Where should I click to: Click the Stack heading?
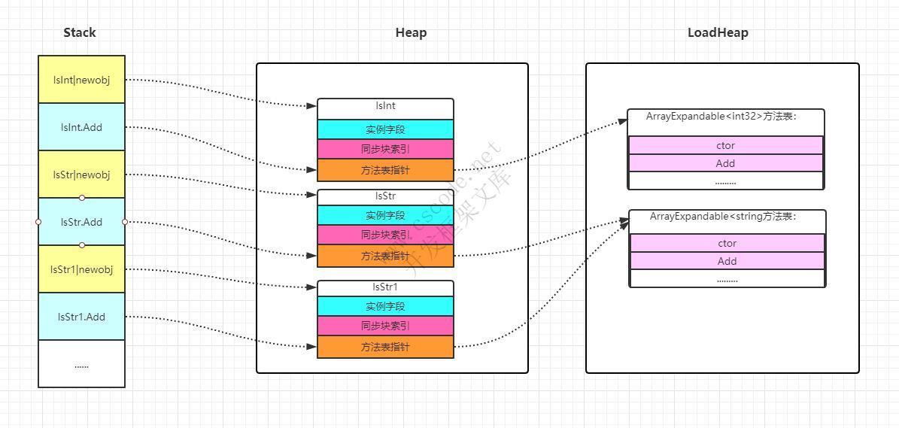pyautogui.click(x=80, y=32)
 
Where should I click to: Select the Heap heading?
pyautogui.click(x=411, y=32)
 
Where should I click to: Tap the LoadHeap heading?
pyautogui.click(x=718, y=32)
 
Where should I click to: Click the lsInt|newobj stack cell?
pyautogui.click(x=82, y=80)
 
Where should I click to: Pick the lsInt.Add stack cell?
pyautogui.click(x=82, y=127)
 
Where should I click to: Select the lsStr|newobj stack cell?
pyautogui.click(x=82, y=175)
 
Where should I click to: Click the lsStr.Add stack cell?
pyautogui.click(x=82, y=222)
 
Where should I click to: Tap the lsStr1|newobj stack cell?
pyautogui.click(x=82, y=269)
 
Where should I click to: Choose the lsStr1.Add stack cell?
pyautogui.click(x=82, y=317)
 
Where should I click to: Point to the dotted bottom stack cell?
pyautogui.click(x=82, y=364)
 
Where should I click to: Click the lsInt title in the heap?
pyautogui.click(x=385, y=107)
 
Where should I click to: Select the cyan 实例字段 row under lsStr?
pyautogui.click(x=385, y=216)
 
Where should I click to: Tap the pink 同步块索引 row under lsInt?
pyautogui.click(x=385, y=149)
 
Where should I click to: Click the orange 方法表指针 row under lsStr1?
pyautogui.click(x=385, y=347)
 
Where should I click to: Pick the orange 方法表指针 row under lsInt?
pyautogui.click(x=385, y=170)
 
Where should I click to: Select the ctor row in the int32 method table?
pyautogui.click(x=725, y=146)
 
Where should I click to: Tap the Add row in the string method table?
pyautogui.click(x=727, y=261)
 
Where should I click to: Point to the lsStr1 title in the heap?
pyautogui.click(x=385, y=287)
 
